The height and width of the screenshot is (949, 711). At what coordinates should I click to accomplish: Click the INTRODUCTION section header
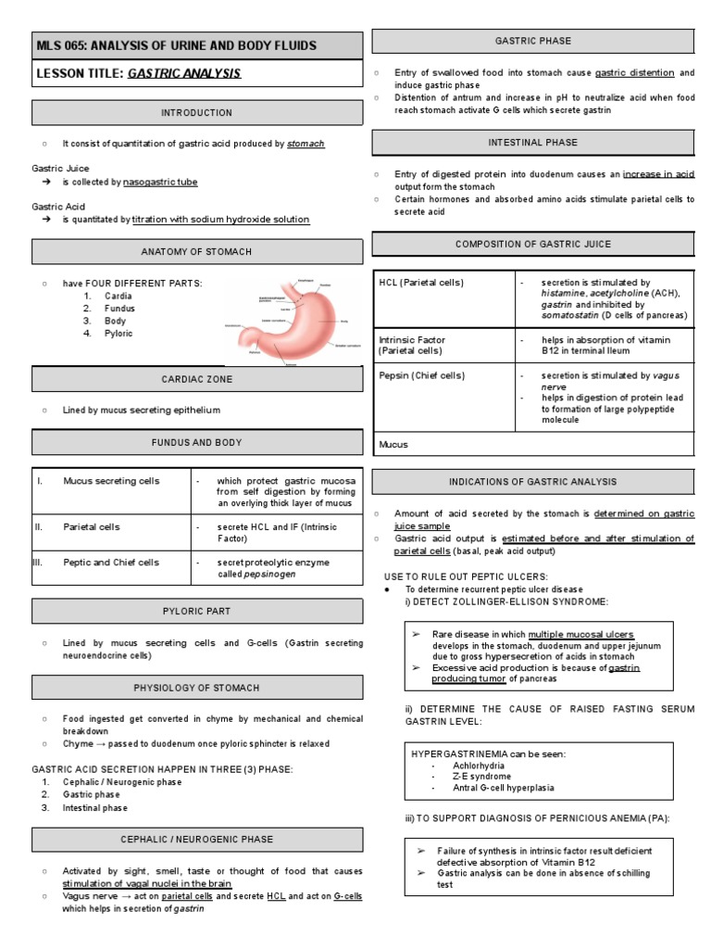coord(197,113)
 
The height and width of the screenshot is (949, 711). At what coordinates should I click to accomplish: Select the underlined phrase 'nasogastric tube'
coord(160,183)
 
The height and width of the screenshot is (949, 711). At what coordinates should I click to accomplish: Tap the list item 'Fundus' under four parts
coord(119,309)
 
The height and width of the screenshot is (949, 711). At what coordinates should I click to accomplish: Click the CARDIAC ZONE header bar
coord(197,379)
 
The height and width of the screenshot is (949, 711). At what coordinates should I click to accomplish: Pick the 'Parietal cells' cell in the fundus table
coord(93,527)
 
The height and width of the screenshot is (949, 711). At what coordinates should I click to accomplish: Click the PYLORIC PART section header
coord(197,612)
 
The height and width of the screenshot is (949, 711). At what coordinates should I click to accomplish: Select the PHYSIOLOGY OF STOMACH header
coord(197,688)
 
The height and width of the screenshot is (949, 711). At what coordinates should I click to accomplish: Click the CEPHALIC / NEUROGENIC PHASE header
coord(197,840)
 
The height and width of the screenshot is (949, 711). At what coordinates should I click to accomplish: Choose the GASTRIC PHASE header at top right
coord(533,42)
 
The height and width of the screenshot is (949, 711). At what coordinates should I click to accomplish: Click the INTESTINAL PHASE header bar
coord(533,143)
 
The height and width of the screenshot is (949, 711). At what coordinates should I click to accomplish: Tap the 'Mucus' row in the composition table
coord(394,444)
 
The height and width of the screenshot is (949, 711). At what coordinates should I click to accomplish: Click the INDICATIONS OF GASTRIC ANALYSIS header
coord(533,482)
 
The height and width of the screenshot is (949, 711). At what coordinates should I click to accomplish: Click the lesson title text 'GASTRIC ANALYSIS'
coord(183,73)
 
